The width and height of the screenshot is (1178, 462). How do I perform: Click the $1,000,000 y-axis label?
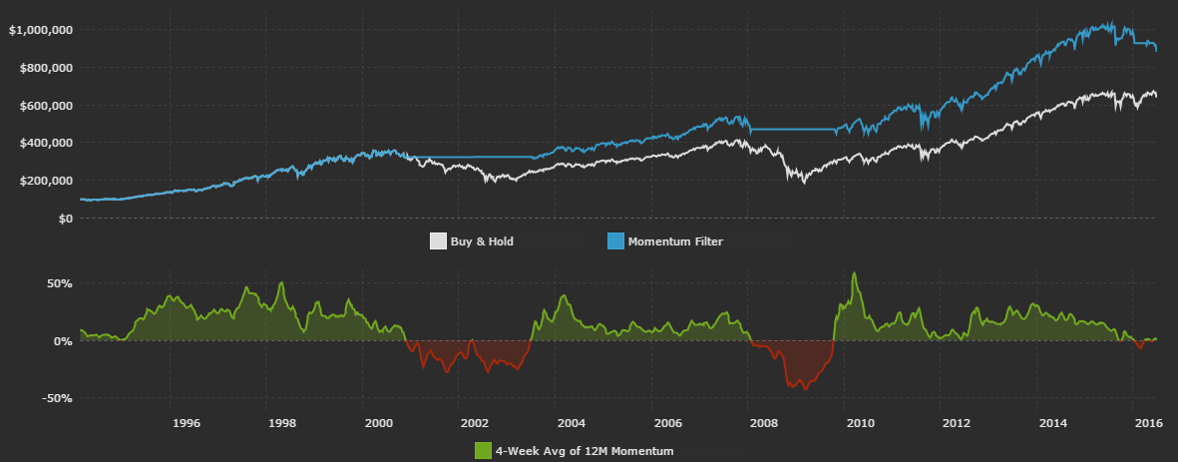[x=40, y=30]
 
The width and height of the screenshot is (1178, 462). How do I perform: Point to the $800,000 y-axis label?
[x=44, y=68]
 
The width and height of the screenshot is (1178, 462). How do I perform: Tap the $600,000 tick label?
[x=44, y=106]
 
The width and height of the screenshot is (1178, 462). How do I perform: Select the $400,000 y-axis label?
[x=44, y=143]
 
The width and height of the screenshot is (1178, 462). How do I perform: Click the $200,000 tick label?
[x=44, y=181]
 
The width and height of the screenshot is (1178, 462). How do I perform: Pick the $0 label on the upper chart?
[x=65, y=219]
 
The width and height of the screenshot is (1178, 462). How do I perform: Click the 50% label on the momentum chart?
[x=59, y=283]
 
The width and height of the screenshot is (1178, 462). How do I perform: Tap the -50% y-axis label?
[x=57, y=398]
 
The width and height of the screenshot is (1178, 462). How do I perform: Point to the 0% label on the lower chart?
[x=62, y=341]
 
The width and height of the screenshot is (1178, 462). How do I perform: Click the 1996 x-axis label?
[x=186, y=422]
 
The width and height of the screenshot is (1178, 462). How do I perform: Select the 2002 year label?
[x=475, y=422]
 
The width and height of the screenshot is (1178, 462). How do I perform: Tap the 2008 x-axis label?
[x=764, y=422]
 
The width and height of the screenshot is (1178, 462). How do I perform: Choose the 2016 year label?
[x=1150, y=422]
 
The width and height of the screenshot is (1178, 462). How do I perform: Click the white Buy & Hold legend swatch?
[x=438, y=241]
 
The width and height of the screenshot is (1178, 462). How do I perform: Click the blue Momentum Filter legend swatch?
[x=615, y=241]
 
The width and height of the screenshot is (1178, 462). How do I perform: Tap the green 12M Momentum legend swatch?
[x=483, y=451]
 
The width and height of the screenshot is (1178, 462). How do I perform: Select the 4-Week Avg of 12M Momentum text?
[x=585, y=451]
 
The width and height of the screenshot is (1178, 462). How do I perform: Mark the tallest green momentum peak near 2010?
[x=855, y=272]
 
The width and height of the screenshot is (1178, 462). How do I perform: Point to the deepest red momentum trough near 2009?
[x=805, y=388]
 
